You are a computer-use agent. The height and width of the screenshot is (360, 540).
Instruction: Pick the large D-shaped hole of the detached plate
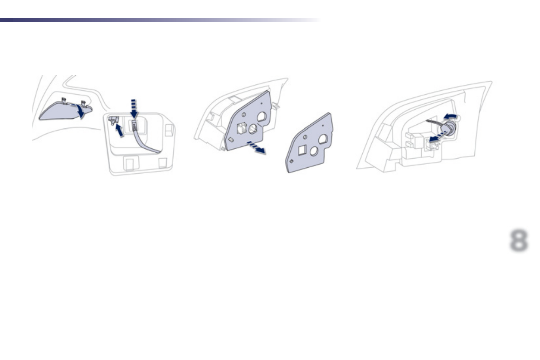(x=324, y=139)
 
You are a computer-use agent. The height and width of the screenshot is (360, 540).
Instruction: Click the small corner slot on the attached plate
(x=232, y=139)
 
